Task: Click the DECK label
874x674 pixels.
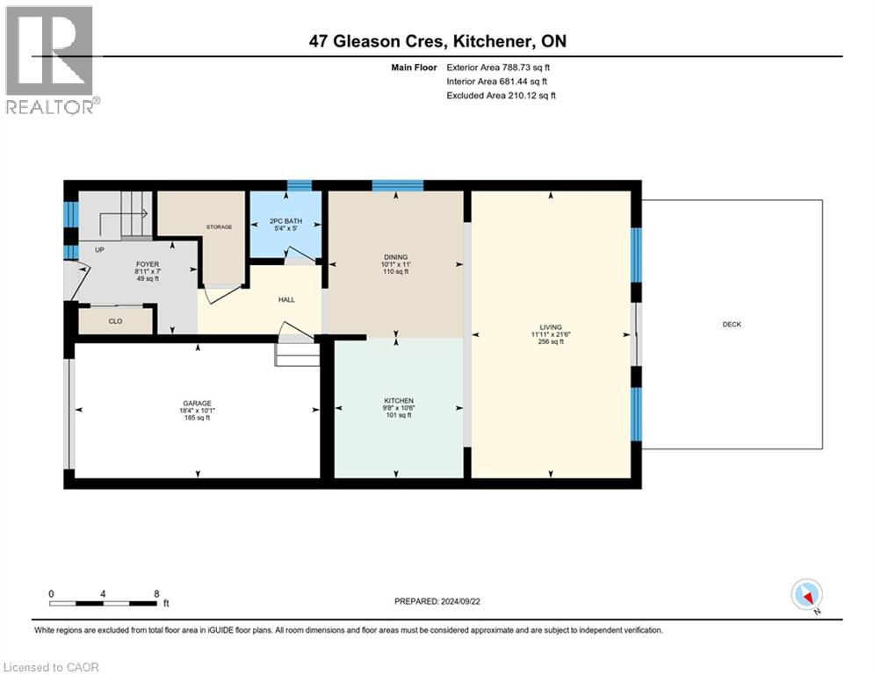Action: [x=732, y=325]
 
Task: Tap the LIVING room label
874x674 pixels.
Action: [x=552, y=327]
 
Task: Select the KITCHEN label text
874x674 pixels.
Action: [x=398, y=401]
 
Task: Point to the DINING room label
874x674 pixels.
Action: [x=395, y=257]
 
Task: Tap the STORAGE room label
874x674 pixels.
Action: [x=219, y=227]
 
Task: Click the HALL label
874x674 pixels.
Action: [x=286, y=300]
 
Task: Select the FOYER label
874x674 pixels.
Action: [x=147, y=263]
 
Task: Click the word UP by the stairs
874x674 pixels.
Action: [x=98, y=250]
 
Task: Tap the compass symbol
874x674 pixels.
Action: [x=805, y=594]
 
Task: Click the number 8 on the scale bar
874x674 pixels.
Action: [x=156, y=593]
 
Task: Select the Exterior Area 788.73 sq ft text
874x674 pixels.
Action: [x=498, y=67]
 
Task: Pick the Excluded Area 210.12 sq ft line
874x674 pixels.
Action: [x=501, y=96]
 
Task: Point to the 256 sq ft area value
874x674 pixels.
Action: [x=552, y=341]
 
